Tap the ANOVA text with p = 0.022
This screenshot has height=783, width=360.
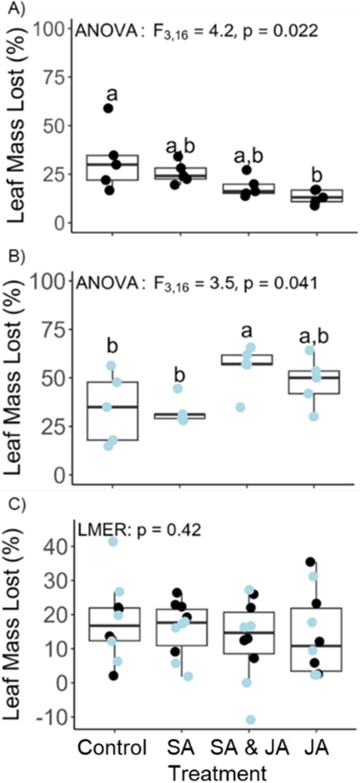coord(197,32)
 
